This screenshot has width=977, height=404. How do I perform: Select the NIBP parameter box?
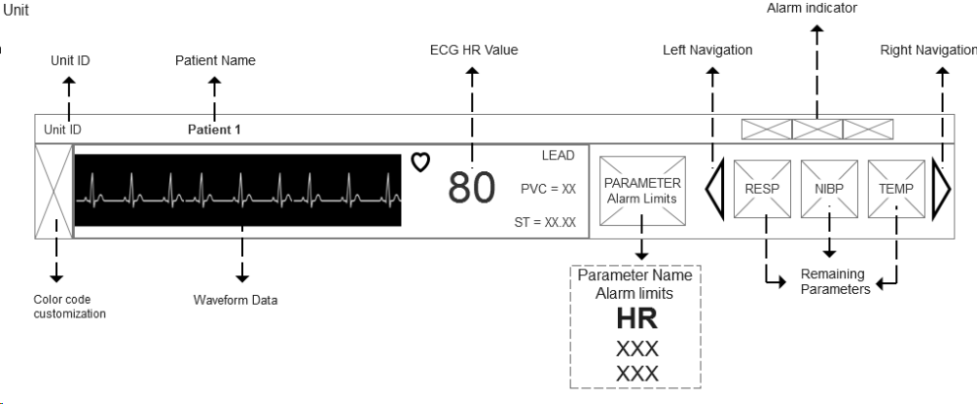click(x=829, y=188)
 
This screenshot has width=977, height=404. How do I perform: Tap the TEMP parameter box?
click(x=896, y=188)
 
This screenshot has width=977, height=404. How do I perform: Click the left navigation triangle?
click(x=715, y=191)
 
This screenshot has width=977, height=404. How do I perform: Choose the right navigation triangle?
click(x=941, y=190)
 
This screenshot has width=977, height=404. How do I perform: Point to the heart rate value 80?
click(x=471, y=188)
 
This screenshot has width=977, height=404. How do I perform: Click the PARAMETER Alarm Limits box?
click(x=642, y=190)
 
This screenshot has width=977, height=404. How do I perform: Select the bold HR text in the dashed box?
click(x=636, y=320)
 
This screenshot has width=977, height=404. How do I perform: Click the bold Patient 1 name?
click(x=214, y=129)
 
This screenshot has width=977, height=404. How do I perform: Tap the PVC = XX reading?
click(x=547, y=188)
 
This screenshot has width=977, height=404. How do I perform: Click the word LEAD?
click(x=558, y=156)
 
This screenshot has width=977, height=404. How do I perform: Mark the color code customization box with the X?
click(x=53, y=191)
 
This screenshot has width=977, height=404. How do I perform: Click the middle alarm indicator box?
click(x=818, y=129)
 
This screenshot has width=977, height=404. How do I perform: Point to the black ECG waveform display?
click(x=238, y=190)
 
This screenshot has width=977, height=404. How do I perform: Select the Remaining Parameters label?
click(x=831, y=281)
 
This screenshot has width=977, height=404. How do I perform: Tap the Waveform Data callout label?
click(x=235, y=300)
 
